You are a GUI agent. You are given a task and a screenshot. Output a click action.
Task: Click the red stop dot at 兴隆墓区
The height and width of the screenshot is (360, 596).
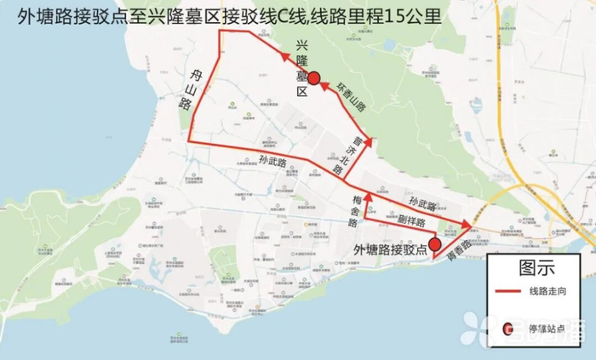tap(314, 78)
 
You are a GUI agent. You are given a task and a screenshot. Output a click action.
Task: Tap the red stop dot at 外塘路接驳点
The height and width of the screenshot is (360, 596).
tap(435, 244)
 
